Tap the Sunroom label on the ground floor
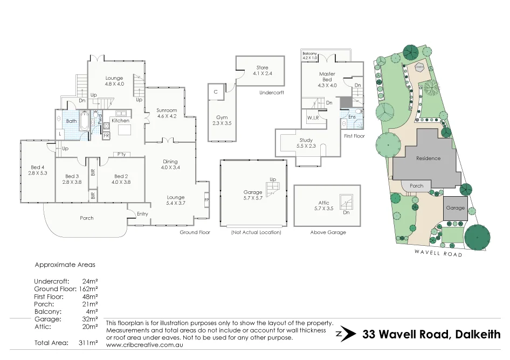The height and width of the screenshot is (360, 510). [167, 110]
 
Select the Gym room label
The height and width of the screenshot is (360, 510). [222, 117]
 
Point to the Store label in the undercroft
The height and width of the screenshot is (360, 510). [262, 68]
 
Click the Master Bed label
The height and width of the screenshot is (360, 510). [327, 74]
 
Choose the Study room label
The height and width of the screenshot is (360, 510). [306, 140]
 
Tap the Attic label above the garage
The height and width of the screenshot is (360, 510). [323, 203]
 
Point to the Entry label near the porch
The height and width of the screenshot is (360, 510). [142, 214]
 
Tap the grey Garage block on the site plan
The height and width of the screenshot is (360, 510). [455, 208]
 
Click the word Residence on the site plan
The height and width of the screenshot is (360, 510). [428, 158]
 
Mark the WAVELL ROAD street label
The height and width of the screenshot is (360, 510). [438, 253]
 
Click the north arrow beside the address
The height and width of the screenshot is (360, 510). [346, 334]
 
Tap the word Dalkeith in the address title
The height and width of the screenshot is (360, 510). [477, 334]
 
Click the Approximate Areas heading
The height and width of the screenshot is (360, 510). [65, 265]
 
